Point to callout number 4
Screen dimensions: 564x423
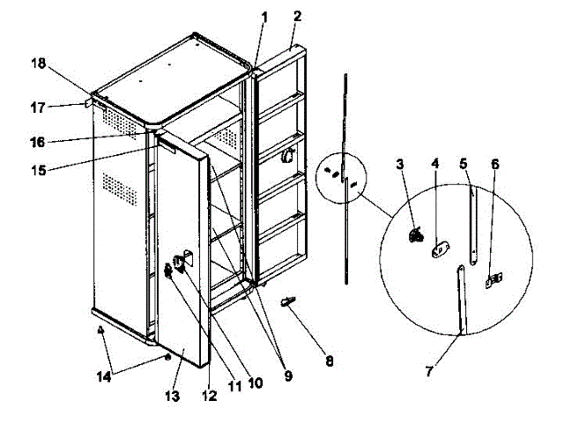tap(434, 164)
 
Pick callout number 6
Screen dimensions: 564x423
tap(495, 164)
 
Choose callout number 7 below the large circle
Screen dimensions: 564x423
tap(429, 371)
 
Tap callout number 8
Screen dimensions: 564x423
tap(330, 360)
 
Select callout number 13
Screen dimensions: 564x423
tap(173, 397)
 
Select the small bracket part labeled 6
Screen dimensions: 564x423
tap(495, 280)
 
